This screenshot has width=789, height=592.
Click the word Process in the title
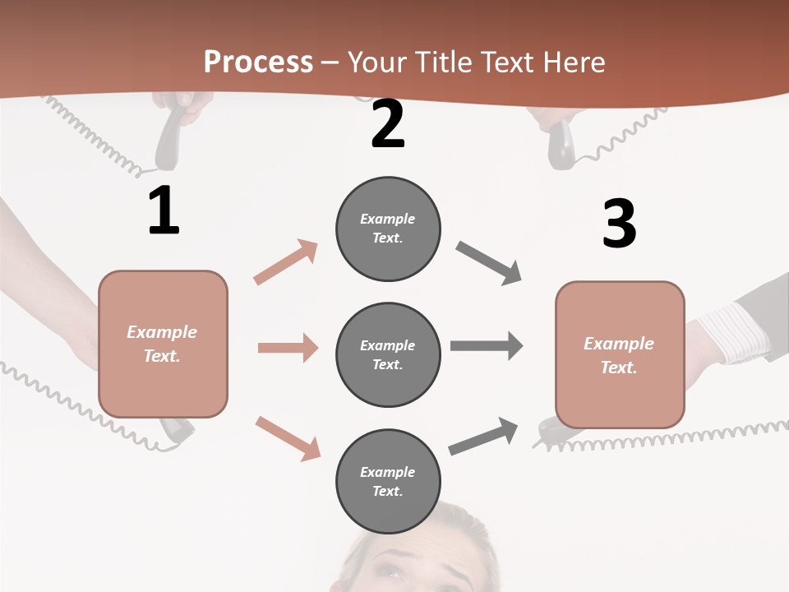point(258,62)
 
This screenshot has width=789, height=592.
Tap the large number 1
point(164,211)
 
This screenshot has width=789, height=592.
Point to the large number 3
point(620,224)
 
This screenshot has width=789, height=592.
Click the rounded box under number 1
point(163,344)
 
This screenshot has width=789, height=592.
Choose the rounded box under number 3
point(620,354)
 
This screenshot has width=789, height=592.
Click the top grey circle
point(388,229)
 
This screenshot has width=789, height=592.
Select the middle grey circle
point(388,354)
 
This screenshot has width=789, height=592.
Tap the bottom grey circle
point(388,481)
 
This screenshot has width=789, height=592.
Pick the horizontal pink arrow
point(288,348)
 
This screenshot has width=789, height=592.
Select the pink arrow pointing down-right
point(288,437)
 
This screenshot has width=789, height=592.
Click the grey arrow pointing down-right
point(489,263)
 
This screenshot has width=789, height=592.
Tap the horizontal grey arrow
point(487,345)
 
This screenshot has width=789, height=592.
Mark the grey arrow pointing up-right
point(483,436)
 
